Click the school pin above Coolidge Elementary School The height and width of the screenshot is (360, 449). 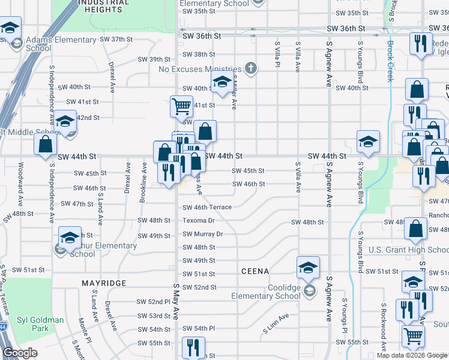click(308, 267)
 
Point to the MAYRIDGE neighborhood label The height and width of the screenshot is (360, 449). click(104, 282)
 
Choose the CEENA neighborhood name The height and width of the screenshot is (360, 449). click(255, 271)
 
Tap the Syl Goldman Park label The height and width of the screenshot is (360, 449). click(40, 324)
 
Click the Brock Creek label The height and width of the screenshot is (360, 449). click(390, 60)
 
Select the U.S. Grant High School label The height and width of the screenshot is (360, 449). click(408, 250)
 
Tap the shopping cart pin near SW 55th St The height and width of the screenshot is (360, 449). click(413, 338)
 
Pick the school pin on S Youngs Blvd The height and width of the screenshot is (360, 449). click(368, 142)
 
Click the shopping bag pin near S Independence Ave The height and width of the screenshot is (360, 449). click(45, 145)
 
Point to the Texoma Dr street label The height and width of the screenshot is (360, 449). click(199, 220)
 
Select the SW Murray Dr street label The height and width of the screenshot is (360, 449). click(203, 234)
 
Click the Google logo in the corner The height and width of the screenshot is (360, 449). click(20, 353)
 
